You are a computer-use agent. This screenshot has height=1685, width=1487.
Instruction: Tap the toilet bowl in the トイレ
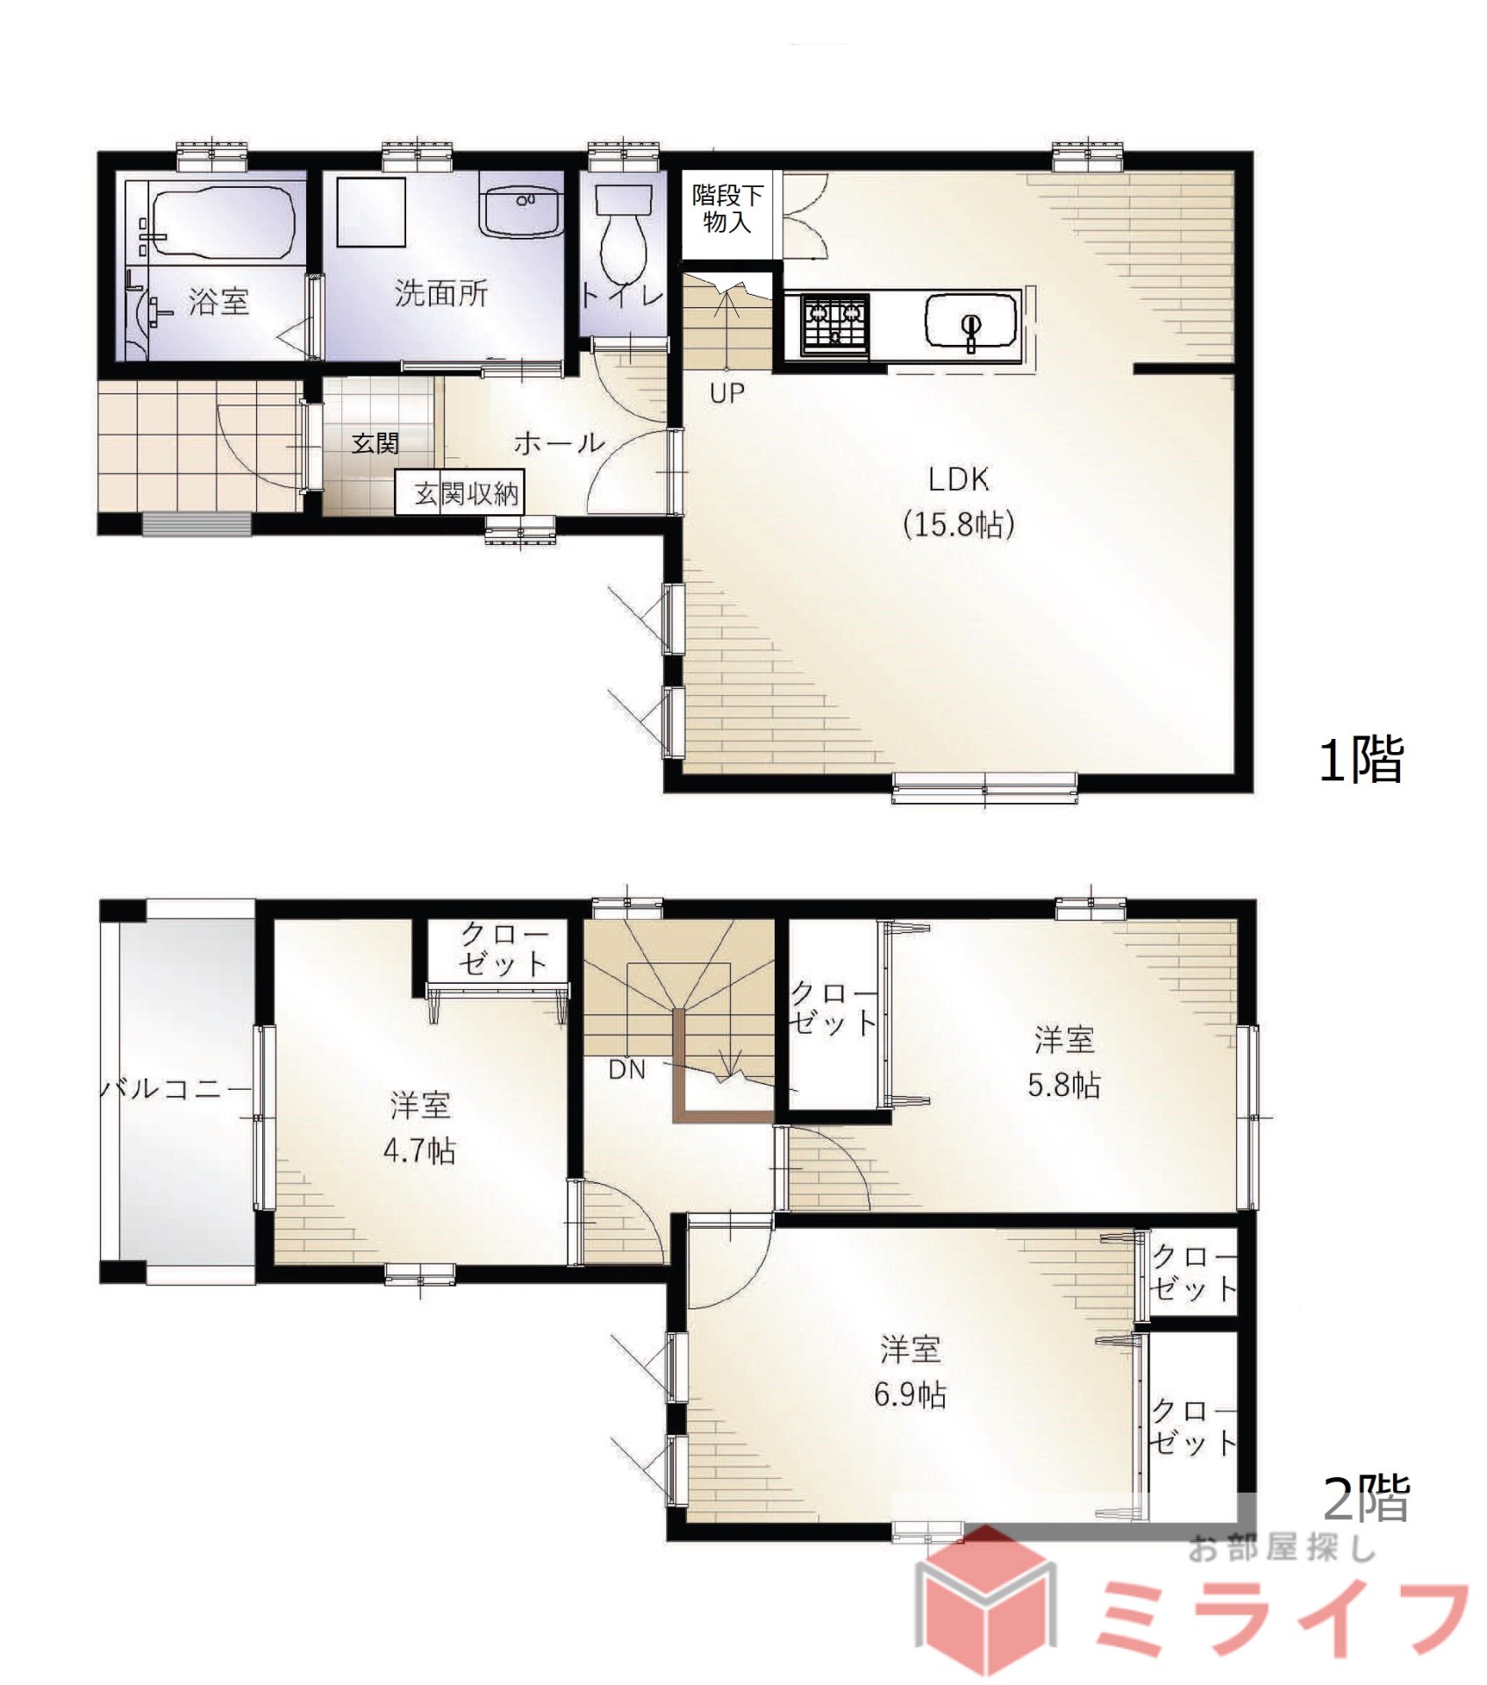point(624,233)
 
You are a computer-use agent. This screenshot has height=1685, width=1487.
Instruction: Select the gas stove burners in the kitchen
point(834,323)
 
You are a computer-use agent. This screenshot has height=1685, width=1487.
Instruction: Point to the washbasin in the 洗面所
point(521,211)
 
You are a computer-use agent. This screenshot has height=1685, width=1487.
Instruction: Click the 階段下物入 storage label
point(727,208)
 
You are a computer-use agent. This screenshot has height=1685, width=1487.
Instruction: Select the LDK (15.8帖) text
point(959,502)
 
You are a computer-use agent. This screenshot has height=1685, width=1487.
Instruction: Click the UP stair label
point(726,393)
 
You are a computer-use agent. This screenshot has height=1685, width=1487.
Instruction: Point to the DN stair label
point(627,1070)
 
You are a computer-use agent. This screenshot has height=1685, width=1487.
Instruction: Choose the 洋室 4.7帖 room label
point(420,1127)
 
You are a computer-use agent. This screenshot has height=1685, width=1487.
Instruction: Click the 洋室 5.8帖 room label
point(1064,1062)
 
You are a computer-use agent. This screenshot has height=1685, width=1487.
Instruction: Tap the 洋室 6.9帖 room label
point(911,1371)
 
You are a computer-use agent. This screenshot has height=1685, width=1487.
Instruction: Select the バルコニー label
point(175,1089)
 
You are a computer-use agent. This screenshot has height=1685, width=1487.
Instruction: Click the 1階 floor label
point(1362,759)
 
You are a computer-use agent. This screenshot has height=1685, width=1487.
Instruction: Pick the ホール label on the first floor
point(560,442)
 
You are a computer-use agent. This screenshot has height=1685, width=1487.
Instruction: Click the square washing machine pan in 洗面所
point(371,212)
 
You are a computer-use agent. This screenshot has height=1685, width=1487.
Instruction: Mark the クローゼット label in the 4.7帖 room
point(504,950)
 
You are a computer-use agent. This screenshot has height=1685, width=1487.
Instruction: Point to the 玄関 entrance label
point(375,443)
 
